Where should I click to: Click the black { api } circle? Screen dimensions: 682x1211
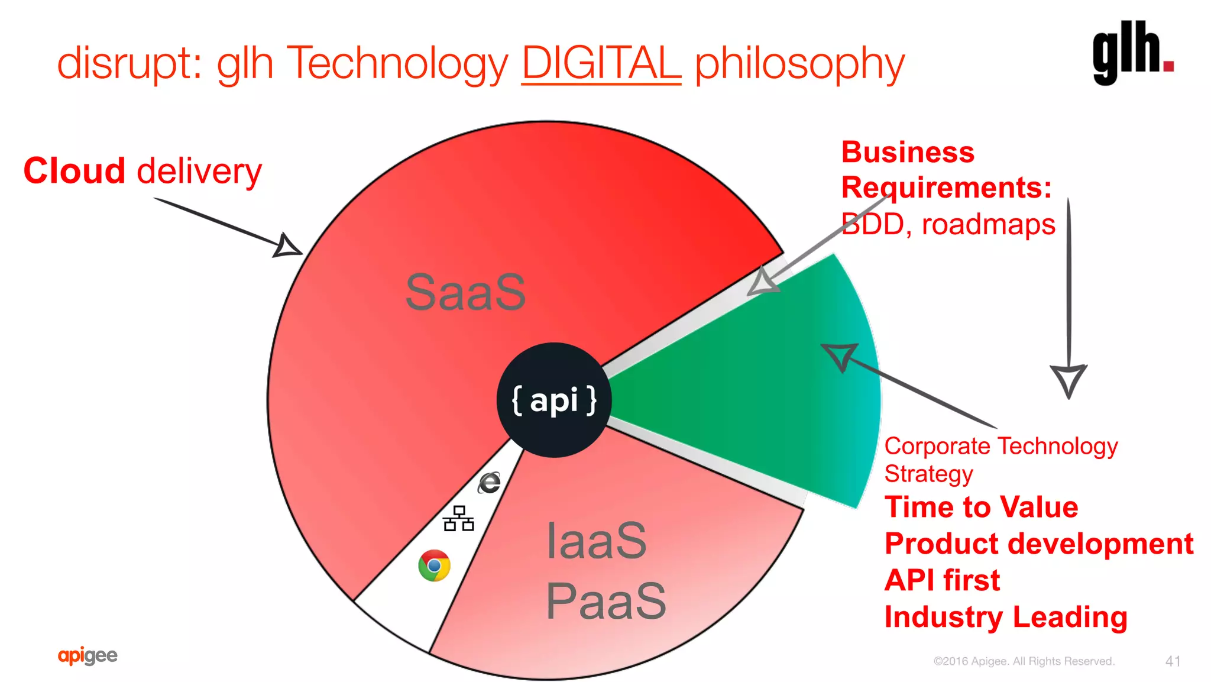[x=554, y=400]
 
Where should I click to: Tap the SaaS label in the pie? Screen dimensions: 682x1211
[x=466, y=292]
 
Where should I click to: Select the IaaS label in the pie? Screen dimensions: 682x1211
[x=596, y=541]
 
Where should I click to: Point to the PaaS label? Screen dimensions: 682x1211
[x=605, y=601]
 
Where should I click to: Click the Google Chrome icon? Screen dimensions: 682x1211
[x=434, y=565]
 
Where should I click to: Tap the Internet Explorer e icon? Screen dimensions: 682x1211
[x=490, y=483]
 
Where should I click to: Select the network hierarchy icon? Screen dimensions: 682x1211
[x=458, y=519]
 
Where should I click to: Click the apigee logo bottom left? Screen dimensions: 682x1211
[x=88, y=655]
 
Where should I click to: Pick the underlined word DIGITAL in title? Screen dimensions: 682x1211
[x=601, y=63]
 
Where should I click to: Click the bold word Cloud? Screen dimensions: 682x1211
[x=75, y=172]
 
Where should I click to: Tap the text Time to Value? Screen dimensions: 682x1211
[x=981, y=508]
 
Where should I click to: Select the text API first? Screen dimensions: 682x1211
[x=942, y=580]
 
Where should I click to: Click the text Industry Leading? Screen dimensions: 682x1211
[x=1006, y=617]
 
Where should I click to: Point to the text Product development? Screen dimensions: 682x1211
[x=1039, y=544]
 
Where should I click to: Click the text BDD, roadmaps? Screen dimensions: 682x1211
[x=948, y=225]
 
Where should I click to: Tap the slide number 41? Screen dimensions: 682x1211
[x=1173, y=661]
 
